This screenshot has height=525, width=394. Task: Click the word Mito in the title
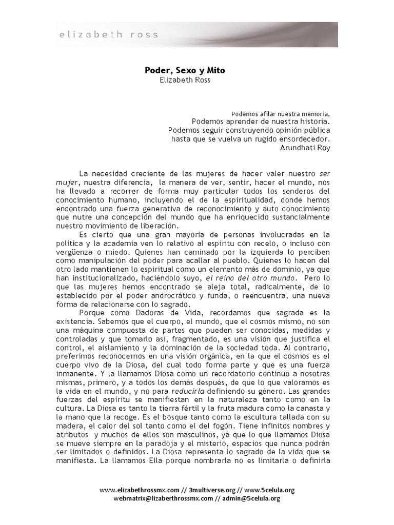click(215, 70)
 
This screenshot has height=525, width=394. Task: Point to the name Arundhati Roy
click(305, 148)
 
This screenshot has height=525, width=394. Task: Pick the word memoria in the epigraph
click(316, 113)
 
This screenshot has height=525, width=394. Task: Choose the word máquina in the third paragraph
click(90, 330)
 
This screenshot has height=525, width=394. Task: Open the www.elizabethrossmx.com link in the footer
click(140, 490)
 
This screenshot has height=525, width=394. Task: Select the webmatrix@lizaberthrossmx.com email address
click(165, 498)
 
